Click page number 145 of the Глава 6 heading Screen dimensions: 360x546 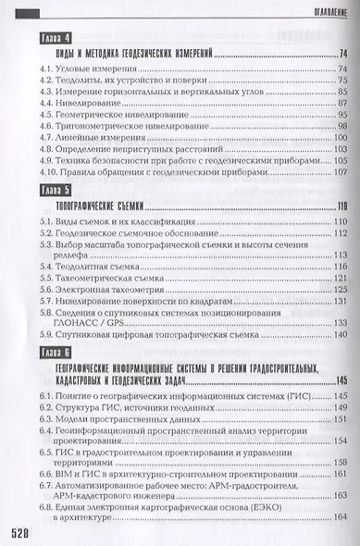coord(338,380)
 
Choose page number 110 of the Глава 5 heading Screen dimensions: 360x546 coord(338,206)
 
